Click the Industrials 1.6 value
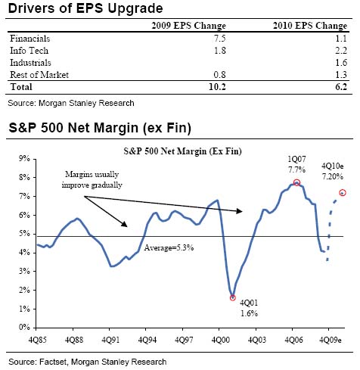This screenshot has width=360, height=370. [x=340, y=62]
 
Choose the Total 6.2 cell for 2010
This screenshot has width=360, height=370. [x=340, y=87]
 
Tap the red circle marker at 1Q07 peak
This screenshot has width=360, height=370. [x=297, y=182]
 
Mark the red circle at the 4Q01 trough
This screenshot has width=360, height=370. [x=232, y=297]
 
